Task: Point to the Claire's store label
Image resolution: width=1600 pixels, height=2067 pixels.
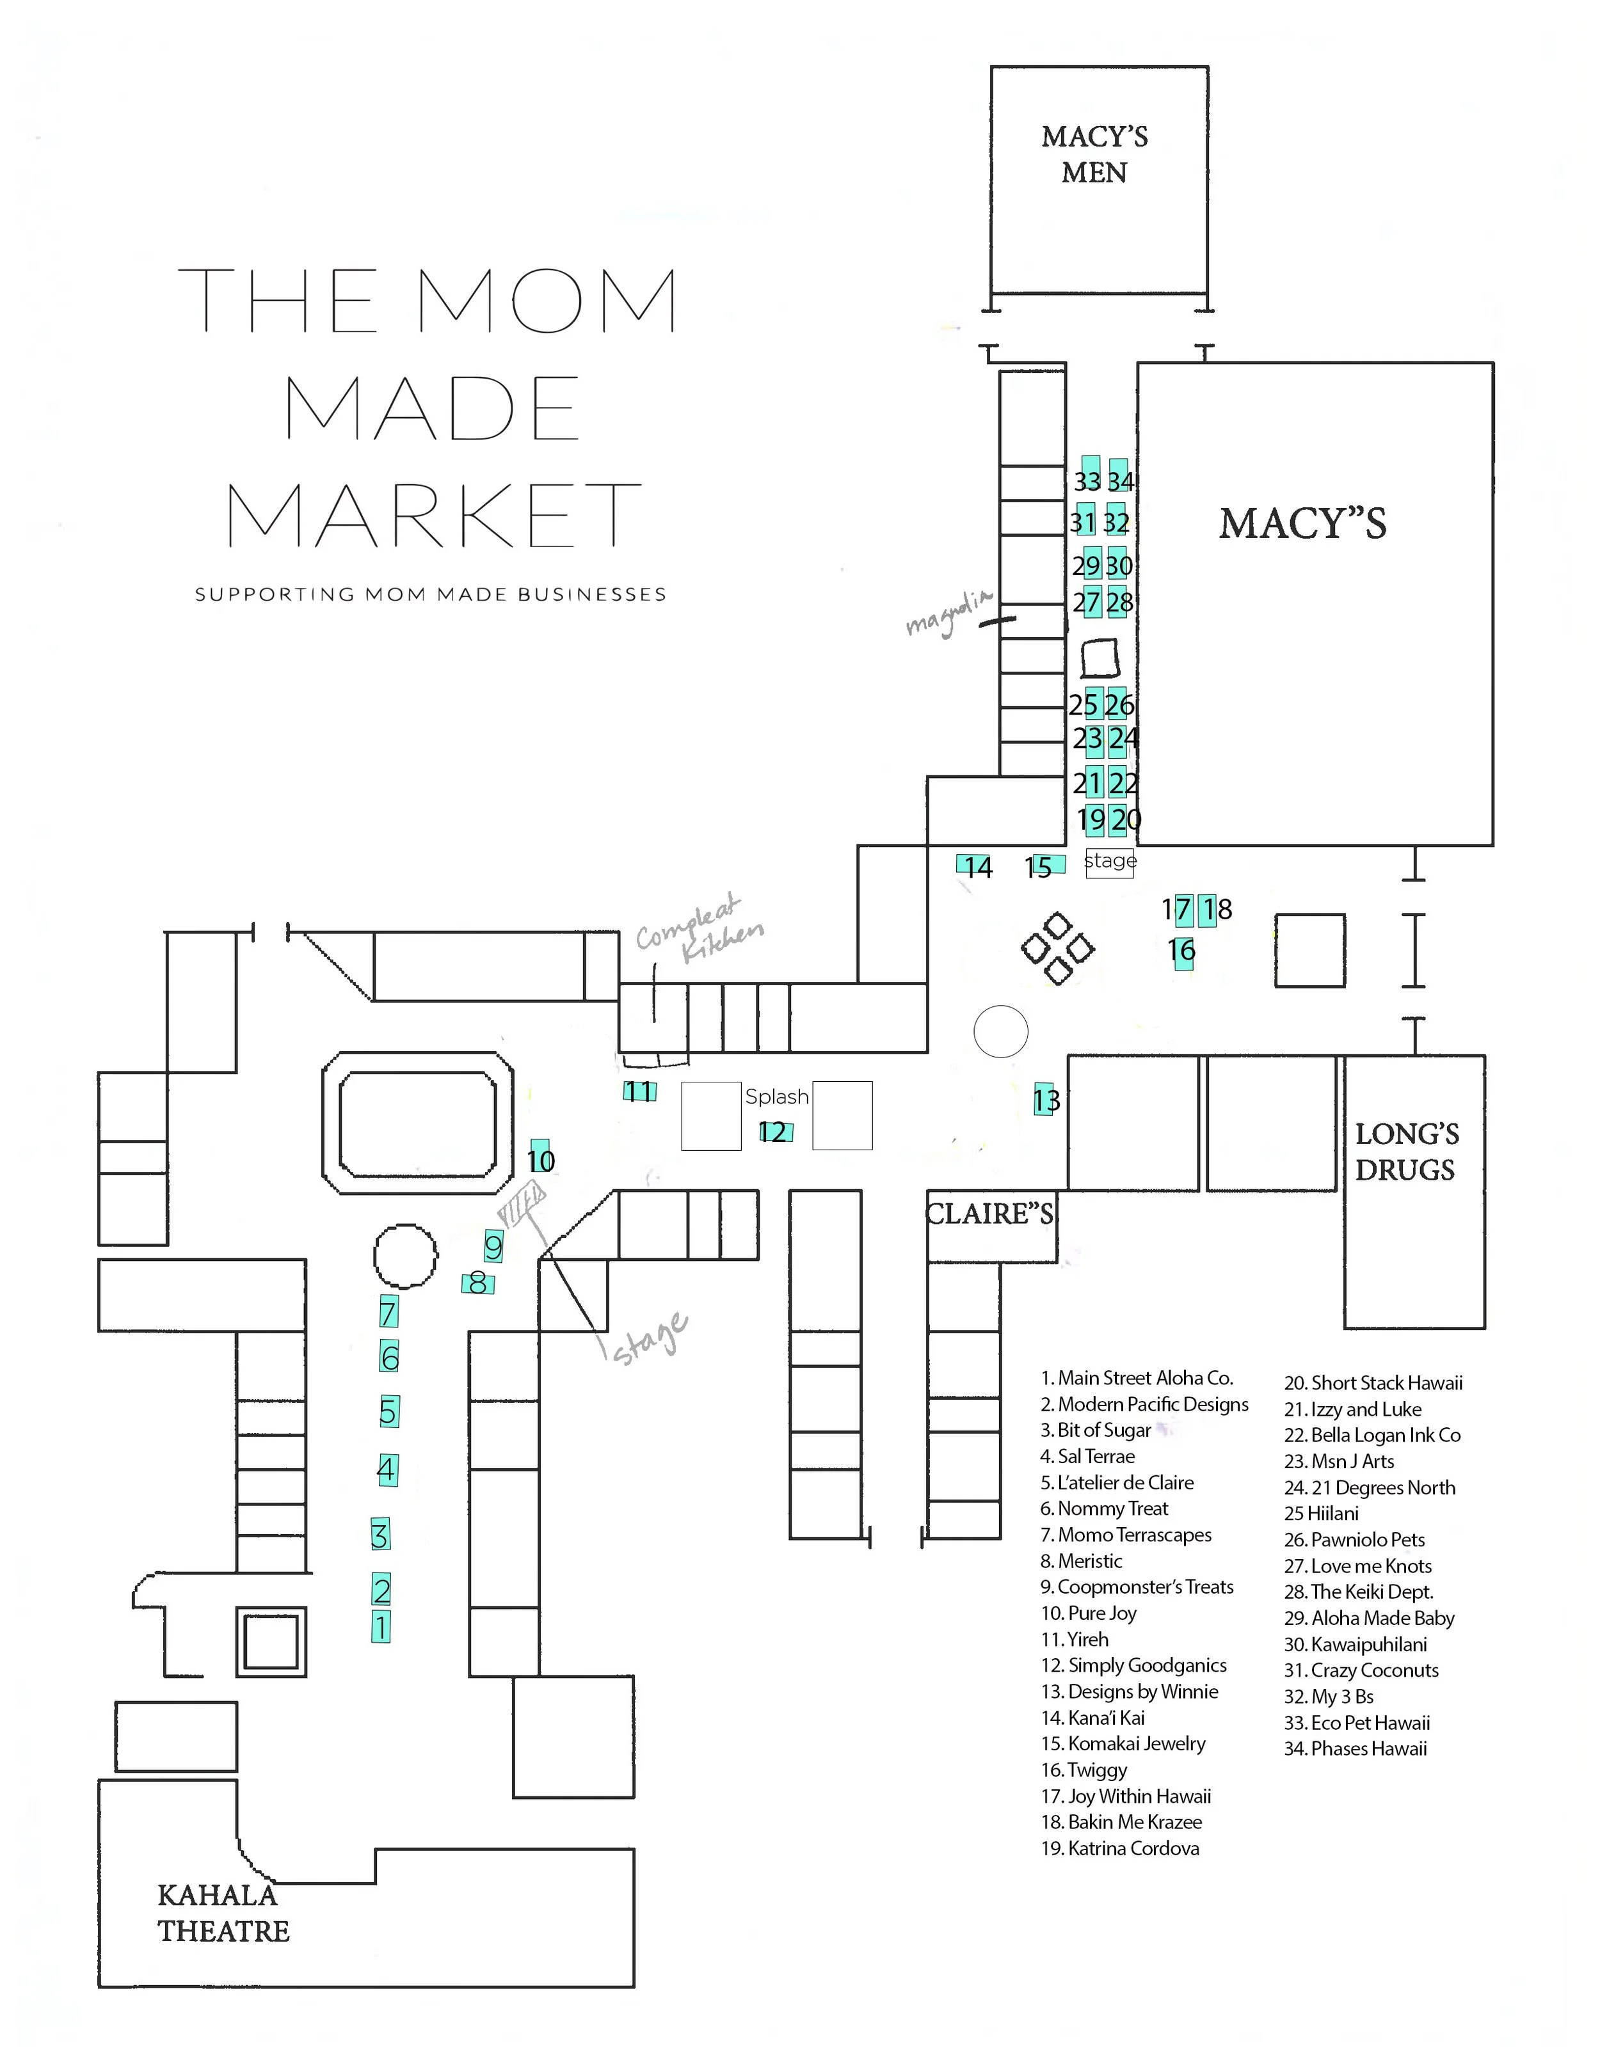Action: (x=989, y=1214)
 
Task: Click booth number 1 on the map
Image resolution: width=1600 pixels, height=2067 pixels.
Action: (x=381, y=1628)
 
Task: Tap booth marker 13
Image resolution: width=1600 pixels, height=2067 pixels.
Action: (x=1046, y=1100)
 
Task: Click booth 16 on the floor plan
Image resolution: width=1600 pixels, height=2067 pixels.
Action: (x=1181, y=950)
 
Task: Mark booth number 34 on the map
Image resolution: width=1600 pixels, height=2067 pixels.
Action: (x=1121, y=481)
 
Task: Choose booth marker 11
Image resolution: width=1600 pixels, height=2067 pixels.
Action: (x=639, y=1091)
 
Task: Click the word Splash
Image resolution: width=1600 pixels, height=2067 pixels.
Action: (x=776, y=1096)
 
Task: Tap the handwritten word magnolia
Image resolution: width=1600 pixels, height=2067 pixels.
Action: (x=948, y=614)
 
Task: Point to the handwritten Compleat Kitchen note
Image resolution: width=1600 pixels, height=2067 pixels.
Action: (x=699, y=930)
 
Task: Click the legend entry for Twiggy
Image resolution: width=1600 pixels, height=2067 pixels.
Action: (x=1085, y=1770)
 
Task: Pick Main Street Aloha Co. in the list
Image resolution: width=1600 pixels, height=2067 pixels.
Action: (x=1136, y=1378)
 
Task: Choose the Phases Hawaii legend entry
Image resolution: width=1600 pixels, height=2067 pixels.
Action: (x=1356, y=1749)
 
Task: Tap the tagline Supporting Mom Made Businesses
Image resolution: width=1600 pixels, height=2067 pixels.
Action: (x=431, y=594)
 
